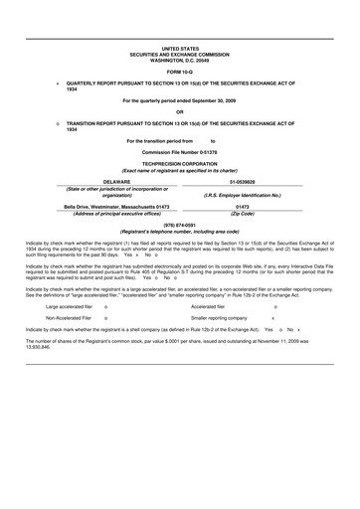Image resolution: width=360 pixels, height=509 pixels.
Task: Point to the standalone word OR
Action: click(x=179, y=111)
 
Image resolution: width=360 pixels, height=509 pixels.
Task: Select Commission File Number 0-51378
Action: click(x=180, y=151)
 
